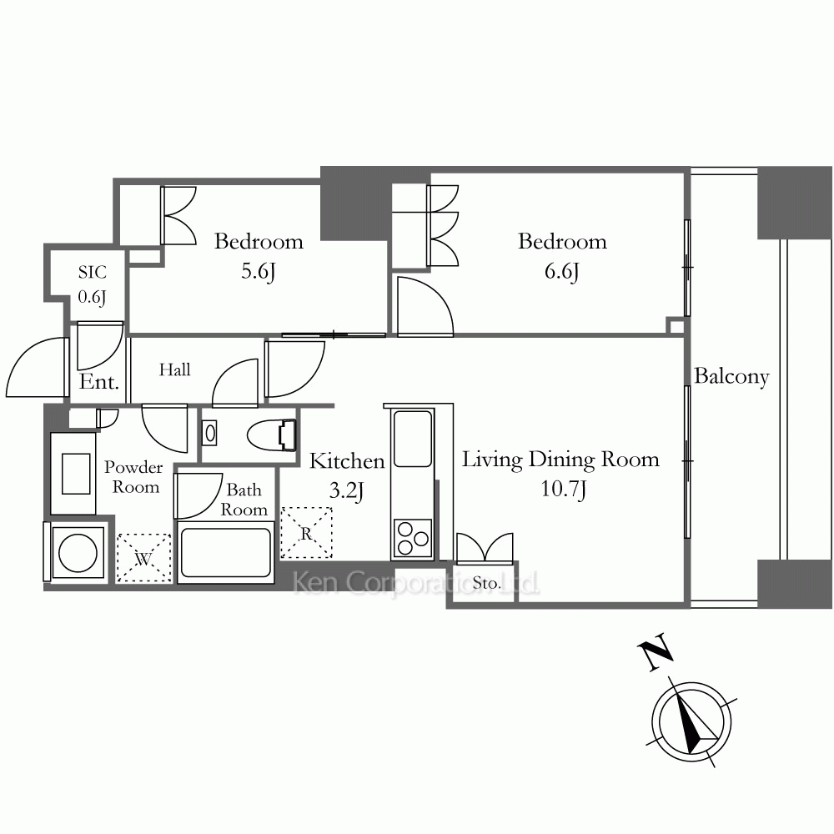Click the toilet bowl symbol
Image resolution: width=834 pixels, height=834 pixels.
pyautogui.click(x=272, y=435)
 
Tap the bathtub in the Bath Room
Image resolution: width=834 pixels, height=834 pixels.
pyautogui.click(x=225, y=551)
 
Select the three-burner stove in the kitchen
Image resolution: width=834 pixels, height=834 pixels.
pyautogui.click(x=413, y=539)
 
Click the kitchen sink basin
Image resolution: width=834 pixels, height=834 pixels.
pyautogui.click(x=412, y=439)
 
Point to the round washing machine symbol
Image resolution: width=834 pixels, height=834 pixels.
pyautogui.click(x=78, y=551)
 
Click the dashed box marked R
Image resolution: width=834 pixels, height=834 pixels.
pyautogui.click(x=306, y=533)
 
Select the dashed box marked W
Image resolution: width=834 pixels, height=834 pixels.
pyautogui.click(x=143, y=558)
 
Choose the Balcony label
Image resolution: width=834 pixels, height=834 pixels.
pyautogui.click(x=732, y=377)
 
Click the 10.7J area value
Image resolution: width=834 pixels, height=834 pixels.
pyautogui.click(x=563, y=489)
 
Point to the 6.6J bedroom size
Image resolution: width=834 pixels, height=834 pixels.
pyautogui.click(x=561, y=271)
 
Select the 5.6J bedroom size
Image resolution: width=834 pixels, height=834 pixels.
pyautogui.click(x=259, y=271)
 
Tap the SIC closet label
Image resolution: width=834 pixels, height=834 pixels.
pyautogui.click(x=93, y=273)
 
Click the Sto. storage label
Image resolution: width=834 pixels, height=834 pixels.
pyautogui.click(x=487, y=584)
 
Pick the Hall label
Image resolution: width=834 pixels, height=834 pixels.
pyautogui.click(x=174, y=369)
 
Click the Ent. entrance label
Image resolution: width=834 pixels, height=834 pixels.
pyautogui.click(x=99, y=382)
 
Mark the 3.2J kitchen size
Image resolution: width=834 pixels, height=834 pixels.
pyautogui.click(x=346, y=490)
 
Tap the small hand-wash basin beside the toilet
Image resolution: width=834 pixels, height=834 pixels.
pyautogui.click(x=210, y=433)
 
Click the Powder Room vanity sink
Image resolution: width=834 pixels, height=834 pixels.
pyautogui.click(x=76, y=474)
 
